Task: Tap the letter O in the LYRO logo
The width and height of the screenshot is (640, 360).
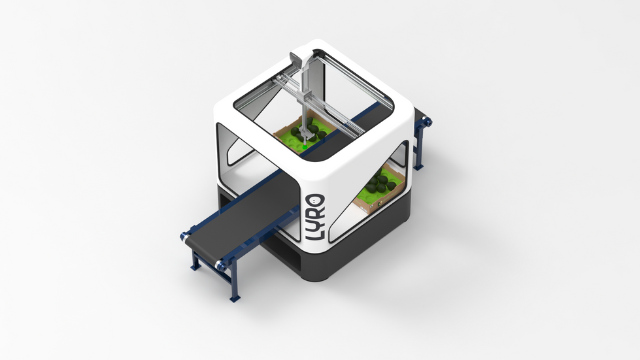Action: [316, 201]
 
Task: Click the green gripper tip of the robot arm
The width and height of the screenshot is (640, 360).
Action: [305, 145]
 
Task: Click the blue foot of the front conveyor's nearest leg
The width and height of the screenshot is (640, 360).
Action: [235, 299]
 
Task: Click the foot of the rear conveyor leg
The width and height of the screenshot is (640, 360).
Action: [418, 167]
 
